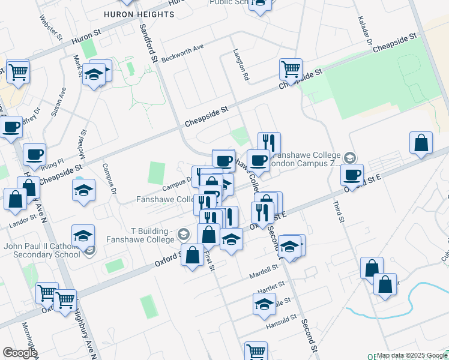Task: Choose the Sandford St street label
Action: (148, 43)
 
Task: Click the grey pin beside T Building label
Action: (184, 234)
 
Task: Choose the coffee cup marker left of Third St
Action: (352, 175)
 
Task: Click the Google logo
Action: (19, 353)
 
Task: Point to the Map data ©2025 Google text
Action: (405, 355)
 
